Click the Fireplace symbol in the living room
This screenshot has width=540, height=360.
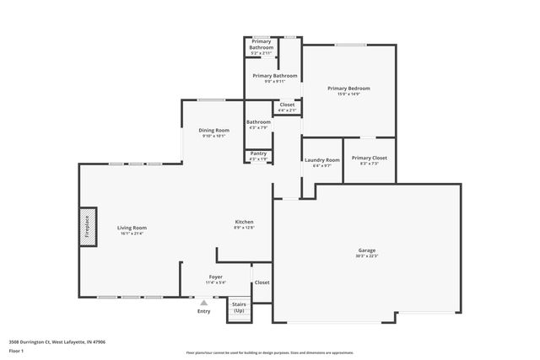(x=85, y=228)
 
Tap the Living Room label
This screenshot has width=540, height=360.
(x=132, y=228)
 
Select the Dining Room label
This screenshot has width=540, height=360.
(x=213, y=130)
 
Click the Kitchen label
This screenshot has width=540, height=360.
(x=244, y=223)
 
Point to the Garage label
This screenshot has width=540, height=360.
(x=367, y=250)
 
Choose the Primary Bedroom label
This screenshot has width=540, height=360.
(x=348, y=89)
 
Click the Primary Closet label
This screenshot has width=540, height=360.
(x=369, y=158)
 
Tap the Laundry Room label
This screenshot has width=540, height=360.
(x=321, y=159)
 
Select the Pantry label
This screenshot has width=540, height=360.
(x=258, y=153)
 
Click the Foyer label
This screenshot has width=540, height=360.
(x=216, y=277)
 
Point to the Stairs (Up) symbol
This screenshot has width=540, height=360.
(x=239, y=309)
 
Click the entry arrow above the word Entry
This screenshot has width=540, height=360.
(x=203, y=303)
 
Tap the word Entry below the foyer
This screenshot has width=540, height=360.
(x=203, y=312)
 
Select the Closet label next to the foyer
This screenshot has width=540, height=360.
(x=262, y=282)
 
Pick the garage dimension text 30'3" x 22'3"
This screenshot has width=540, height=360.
(x=367, y=255)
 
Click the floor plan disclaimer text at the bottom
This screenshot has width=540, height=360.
(x=269, y=352)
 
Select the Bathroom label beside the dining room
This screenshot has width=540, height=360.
(x=258, y=122)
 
